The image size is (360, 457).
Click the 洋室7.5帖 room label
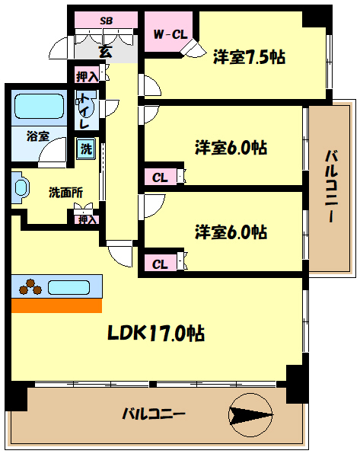249,56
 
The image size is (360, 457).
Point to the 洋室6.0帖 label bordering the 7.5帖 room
230,148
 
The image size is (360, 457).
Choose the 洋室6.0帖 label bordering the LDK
230,231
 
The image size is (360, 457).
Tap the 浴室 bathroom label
37,136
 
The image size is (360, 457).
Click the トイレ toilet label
84,110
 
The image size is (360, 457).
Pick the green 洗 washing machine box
88,149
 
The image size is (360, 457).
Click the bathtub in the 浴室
39,105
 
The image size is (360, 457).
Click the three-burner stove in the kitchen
31,287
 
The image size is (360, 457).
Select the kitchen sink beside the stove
69,287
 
